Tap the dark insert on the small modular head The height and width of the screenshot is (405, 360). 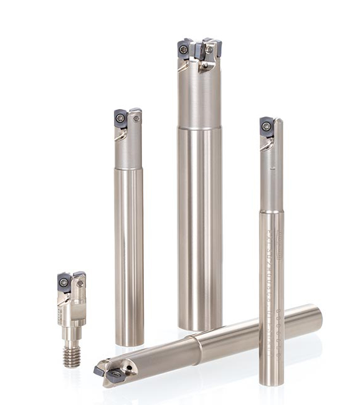(x=64, y=282)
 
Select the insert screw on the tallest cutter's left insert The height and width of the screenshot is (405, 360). (x=184, y=49)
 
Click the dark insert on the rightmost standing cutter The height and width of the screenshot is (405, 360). (x=267, y=126)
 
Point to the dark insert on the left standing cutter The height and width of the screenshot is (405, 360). (x=121, y=119)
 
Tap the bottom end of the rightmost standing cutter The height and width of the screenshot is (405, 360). (x=272, y=381)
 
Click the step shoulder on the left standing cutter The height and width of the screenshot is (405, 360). (x=129, y=169)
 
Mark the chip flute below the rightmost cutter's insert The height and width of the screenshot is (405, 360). (x=267, y=145)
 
